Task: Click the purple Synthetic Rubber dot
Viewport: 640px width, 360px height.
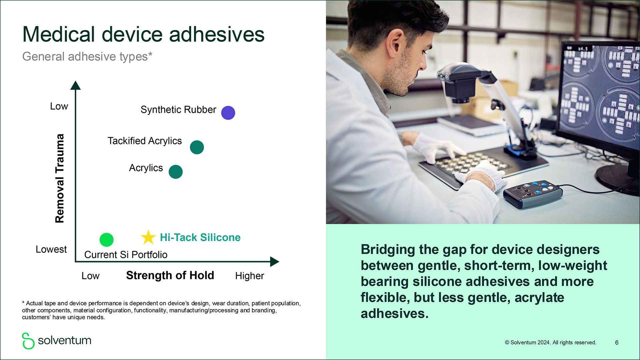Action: [x=228, y=113]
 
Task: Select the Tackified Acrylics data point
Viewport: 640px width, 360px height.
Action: [x=197, y=147]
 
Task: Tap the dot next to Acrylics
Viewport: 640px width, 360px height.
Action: [x=176, y=172]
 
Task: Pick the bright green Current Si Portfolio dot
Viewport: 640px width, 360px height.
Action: [x=107, y=240]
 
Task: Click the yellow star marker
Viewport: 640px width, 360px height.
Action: [x=148, y=237]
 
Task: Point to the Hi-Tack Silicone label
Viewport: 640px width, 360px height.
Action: [x=200, y=237]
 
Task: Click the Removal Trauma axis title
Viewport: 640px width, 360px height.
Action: [x=59, y=178]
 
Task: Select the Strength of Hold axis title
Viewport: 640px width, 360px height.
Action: [x=170, y=275]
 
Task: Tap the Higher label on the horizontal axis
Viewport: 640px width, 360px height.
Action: [x=249, y=276]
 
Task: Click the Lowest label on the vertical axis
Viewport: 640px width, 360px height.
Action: [x=51, y=249]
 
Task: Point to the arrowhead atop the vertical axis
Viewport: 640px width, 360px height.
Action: [x=76, y=85]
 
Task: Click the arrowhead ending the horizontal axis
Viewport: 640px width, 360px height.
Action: [x=274, y=262]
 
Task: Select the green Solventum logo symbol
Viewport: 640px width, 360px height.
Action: [x=28, y=341]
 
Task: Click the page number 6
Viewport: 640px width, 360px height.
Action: [x=617, y=343]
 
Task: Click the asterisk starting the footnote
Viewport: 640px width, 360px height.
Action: [x=23, y=303]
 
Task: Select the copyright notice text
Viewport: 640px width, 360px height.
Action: [x=550, y=343]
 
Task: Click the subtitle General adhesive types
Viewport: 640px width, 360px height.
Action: [x=87, y=57]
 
